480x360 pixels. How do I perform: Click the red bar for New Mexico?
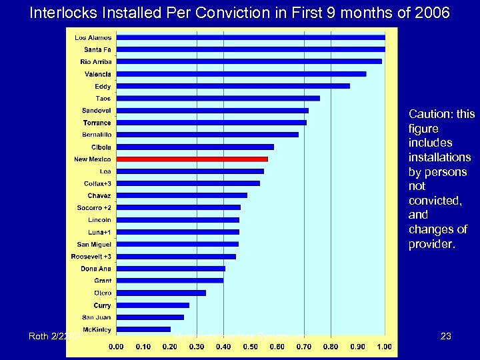coord(191,159)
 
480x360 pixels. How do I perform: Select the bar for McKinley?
coord(143,329)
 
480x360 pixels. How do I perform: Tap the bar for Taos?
coord(217,99)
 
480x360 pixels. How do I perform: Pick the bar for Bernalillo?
coord(207,135)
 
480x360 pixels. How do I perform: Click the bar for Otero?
coord(161,293)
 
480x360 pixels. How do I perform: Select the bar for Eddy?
coord(233,86)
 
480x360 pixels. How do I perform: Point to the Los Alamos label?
coord(93,37)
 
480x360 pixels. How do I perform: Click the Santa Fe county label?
coord(97,49)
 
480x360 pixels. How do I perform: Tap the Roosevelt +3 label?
coord(91,256)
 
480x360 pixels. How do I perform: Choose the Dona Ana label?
coord(95,269)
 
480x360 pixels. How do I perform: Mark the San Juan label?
coord(97,317)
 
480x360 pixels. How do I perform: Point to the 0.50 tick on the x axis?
coord(250,347)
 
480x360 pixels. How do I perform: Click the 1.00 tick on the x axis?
coord(385,347)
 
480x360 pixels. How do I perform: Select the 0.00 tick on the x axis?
coord(115,347)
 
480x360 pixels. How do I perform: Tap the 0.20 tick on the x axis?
coord(169,347)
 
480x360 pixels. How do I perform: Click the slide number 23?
coord(446,337)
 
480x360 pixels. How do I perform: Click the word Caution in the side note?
coord(431,114)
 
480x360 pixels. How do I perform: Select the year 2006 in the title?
coord(431,13)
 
